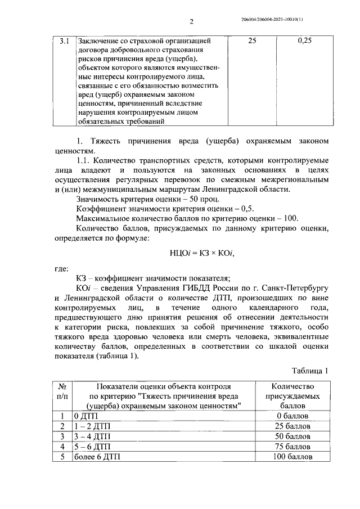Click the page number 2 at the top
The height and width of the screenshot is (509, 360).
click(x=191, y=22)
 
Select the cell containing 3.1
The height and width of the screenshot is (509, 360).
click(x=64, y=42)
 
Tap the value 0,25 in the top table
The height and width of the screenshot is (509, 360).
click(x=305, y=42)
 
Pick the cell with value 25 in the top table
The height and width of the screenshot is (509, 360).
click(x=253, y=42)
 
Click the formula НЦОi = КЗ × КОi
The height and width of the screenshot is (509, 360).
click(x=201, y=254)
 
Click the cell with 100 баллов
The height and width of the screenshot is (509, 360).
click(x=292, y=457)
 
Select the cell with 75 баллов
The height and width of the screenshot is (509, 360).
click(x=292, y=447)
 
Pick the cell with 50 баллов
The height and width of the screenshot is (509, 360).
click(x=292, y=436)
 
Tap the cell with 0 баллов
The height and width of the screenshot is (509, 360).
click(x=292, y=416)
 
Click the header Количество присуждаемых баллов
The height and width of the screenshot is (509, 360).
click(x=292, y=395)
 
